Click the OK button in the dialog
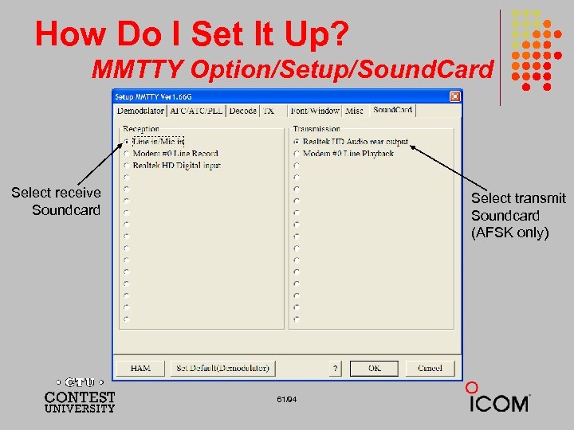[375, 368]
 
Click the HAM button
[140, 368]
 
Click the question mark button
[336, 368]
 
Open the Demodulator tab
[140, 111]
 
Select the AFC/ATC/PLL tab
[196, 111]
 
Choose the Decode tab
[242, 111]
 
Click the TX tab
[269, 111]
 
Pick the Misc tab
[355, 111]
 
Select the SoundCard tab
[392, 110]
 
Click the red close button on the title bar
[454, 96]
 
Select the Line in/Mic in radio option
[125, 142]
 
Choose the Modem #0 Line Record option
[125, 154]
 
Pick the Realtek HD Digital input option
[125, 166]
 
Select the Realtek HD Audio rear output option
[297, 142]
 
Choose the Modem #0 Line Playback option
[297, 154]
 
